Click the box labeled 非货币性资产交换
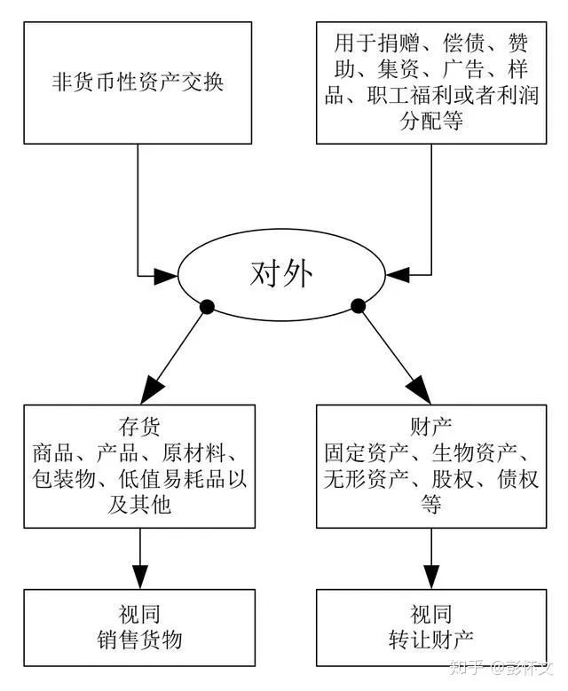click(138, 82)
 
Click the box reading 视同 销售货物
click(138, 625)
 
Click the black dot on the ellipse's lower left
click(208, 307)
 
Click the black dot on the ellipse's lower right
click(359, 307)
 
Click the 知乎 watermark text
click(467, 667)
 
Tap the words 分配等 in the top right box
click(432, 122)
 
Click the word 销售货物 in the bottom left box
click(138, 639)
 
